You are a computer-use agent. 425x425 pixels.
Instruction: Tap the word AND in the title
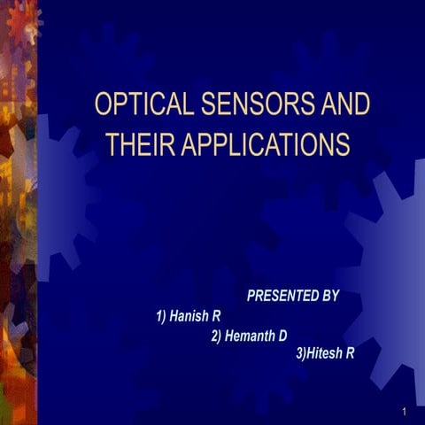click(345, 104)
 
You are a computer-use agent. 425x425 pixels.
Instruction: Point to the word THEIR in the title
click(138, 143)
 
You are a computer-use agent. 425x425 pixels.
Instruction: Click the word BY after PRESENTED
click(329, 296)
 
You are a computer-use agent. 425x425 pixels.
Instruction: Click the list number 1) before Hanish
click(161, 315)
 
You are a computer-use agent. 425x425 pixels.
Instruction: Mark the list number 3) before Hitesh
click(299, 354)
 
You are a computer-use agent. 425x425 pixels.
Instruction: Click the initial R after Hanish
click(216, 315)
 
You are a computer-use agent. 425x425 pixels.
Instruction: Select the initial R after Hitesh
click(351, 354)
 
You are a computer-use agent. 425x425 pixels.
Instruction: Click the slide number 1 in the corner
click(403, 412)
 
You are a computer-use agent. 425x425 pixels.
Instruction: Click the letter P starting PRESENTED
click(251, 296)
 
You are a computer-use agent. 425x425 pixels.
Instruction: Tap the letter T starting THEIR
click(111, 143)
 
